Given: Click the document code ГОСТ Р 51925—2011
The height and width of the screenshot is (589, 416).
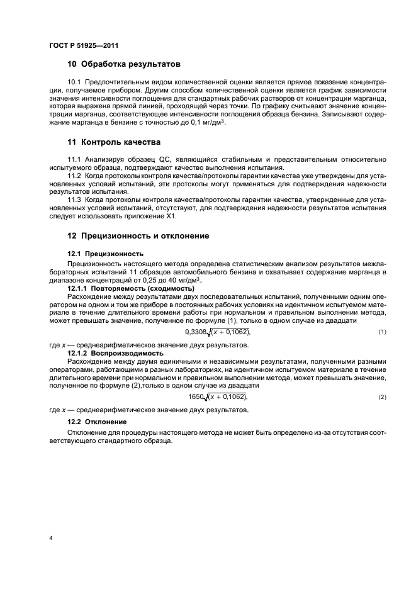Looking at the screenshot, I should click(84, 46).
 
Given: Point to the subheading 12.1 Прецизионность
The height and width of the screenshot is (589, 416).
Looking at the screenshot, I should click(97, 253).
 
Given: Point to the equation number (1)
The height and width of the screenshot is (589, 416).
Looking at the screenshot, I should click(381, 332).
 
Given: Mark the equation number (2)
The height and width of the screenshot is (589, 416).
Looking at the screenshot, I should click(381, 398).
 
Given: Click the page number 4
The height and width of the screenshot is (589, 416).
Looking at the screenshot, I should click(50, 538).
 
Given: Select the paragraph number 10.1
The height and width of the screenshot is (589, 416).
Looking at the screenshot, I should click(74, 83).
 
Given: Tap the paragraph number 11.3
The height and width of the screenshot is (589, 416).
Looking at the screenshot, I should click(74, 199).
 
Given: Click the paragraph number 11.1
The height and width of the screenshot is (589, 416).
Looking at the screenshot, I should click(74, 161).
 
